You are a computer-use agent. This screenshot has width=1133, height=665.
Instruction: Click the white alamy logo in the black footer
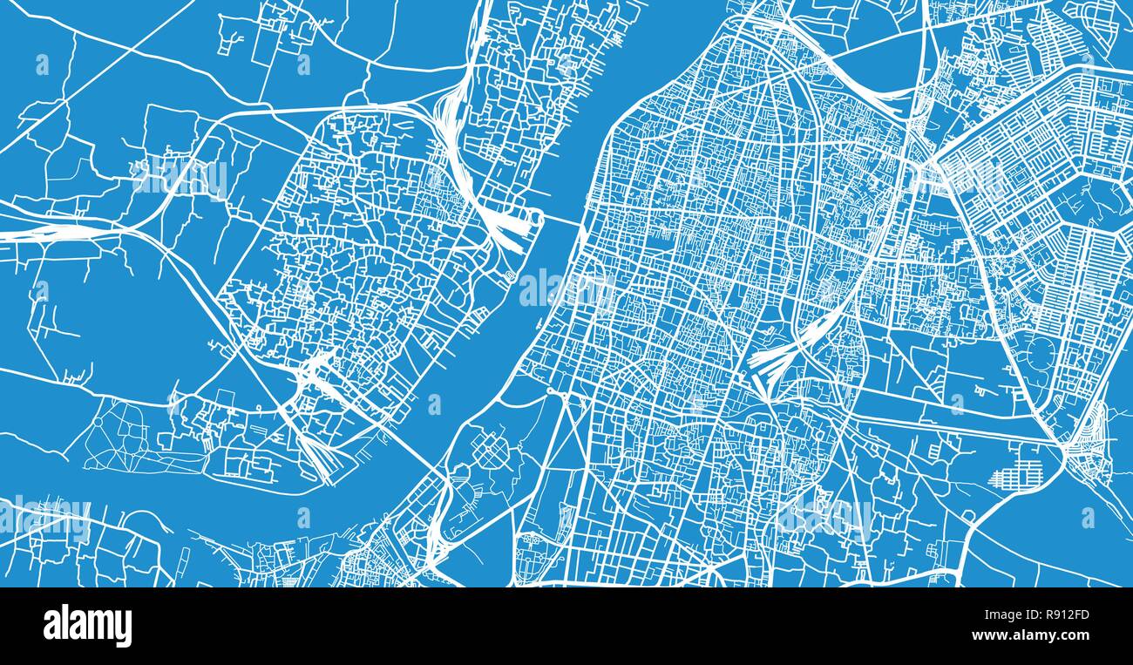click(x=87, y=626)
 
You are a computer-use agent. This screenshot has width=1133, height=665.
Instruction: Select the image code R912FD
click(x=1058, y=615)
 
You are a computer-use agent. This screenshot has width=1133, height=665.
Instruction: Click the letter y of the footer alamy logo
click(x=123, y=629)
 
